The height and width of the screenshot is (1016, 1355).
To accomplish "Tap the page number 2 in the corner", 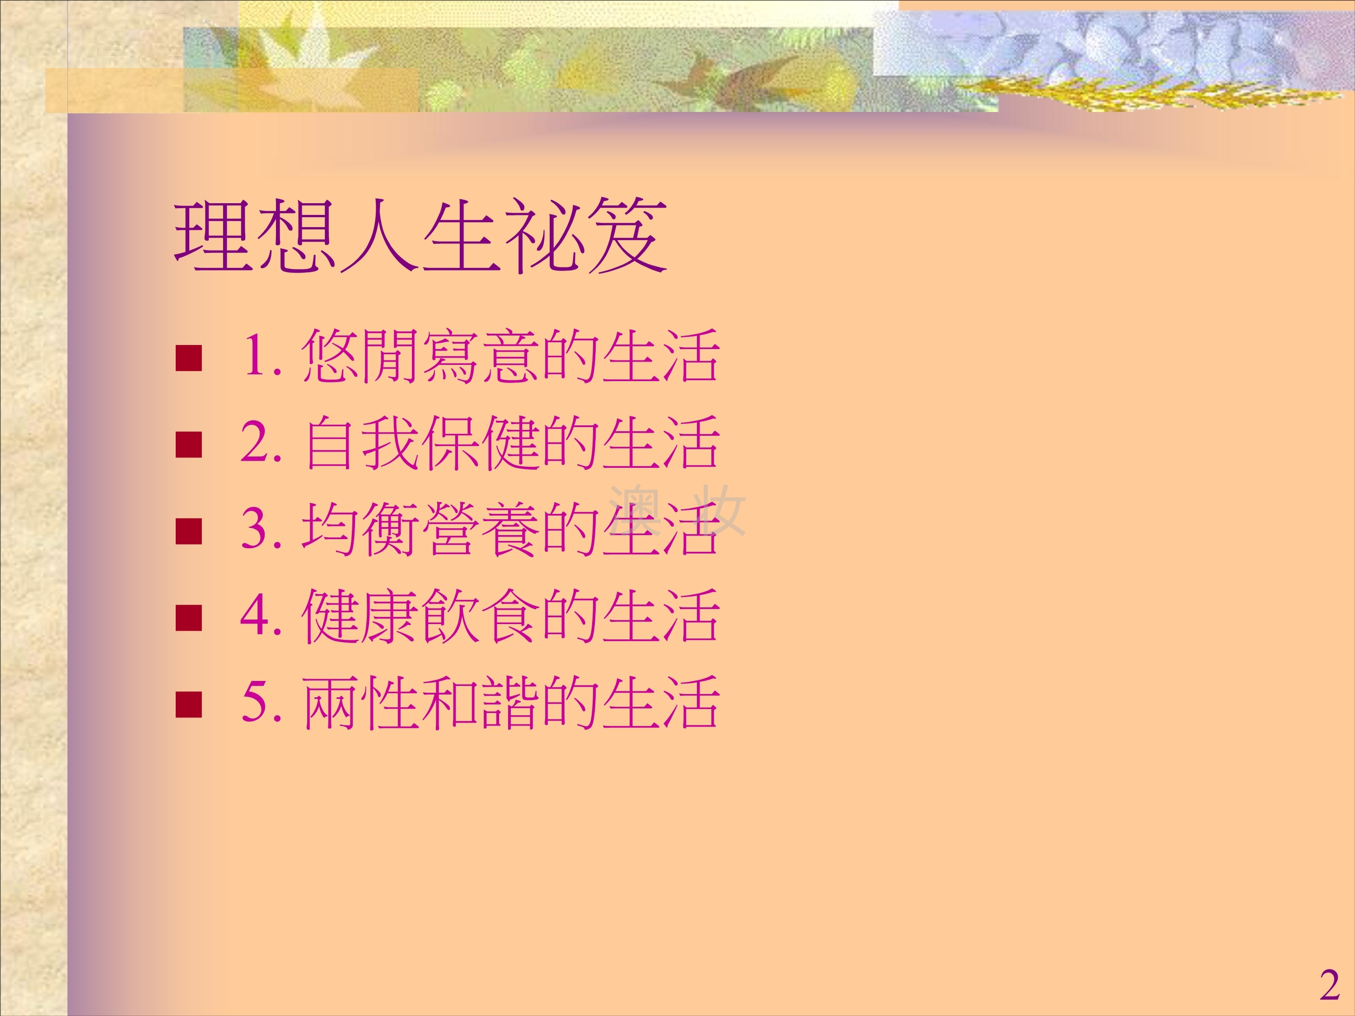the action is coord(1329,985).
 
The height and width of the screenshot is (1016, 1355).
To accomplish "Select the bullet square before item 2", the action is coord(189,445).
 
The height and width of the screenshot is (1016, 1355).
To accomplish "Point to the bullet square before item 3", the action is coord(189,531).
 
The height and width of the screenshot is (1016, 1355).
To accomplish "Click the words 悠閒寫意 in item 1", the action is coord(420,356).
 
